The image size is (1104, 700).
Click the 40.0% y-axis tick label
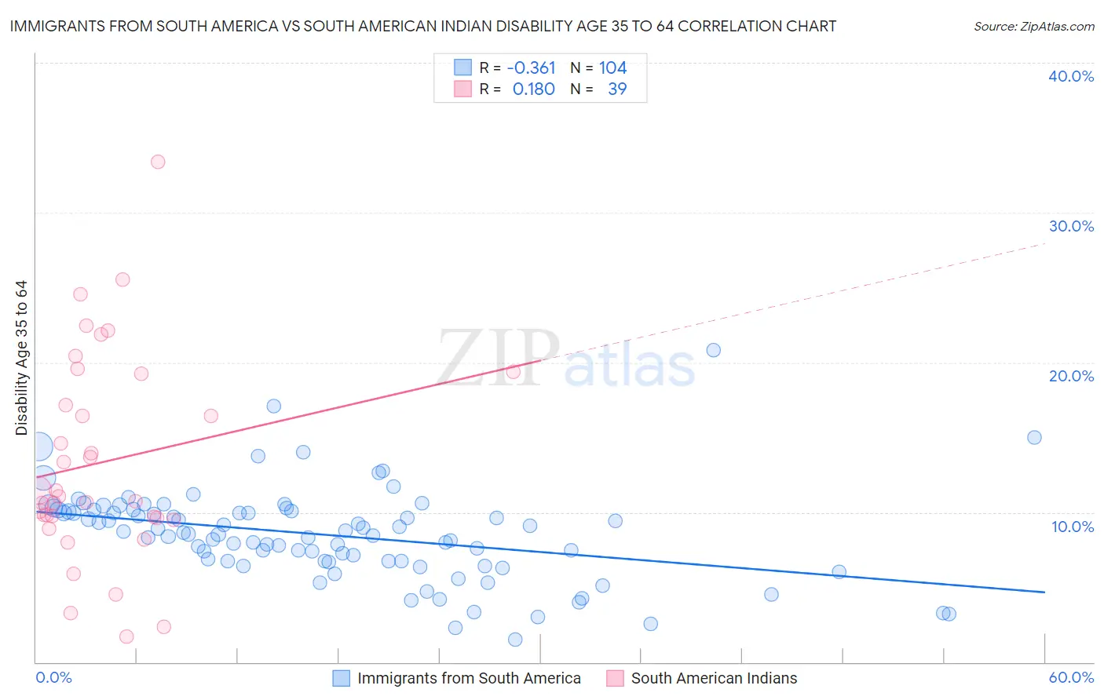[x=1071, y=76]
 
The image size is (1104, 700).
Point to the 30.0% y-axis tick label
[x=1071, y=226]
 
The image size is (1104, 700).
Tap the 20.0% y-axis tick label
[x=1071, y=376]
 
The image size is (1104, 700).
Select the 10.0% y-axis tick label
[x=1073, y=527]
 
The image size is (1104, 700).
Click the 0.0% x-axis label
[x=53, y=677]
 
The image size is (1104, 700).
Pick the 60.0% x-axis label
[x=1071, y=677]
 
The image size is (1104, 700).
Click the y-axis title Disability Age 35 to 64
[x=21, y=358]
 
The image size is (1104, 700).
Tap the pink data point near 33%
[x=158, y=162]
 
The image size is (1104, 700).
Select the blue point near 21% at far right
[x=713, y=350]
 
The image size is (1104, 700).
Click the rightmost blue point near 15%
[x=1034, y=437]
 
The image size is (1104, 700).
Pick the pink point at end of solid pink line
[x=513, y=372]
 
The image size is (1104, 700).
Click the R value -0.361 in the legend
[x=531, y=68]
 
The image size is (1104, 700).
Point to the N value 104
[x=612, y=68]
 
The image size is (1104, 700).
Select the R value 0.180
[x=533, y=89]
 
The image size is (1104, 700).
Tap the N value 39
[x=617, y=89]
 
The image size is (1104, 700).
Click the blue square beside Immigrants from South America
[x=341, y=678]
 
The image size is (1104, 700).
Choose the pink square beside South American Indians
[x=615, y=678]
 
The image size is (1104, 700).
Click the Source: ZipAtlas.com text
[x=1033, y=27]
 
